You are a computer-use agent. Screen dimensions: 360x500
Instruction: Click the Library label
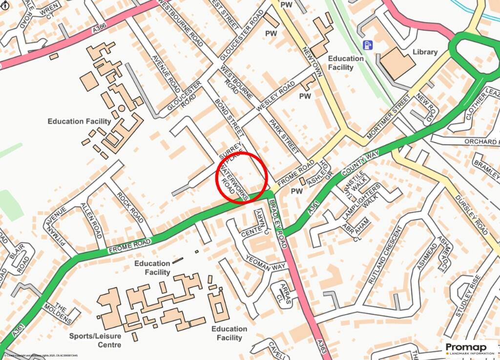coord(425,52)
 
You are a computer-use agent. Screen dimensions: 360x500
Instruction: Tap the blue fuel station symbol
coord(367,45)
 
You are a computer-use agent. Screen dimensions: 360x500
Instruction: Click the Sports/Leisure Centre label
coord(95,340)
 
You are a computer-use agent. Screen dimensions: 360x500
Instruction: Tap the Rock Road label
coord(130,207)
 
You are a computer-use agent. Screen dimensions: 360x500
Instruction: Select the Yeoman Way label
coord(266,263)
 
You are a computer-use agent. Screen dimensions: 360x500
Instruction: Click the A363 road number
coord(320,348)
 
